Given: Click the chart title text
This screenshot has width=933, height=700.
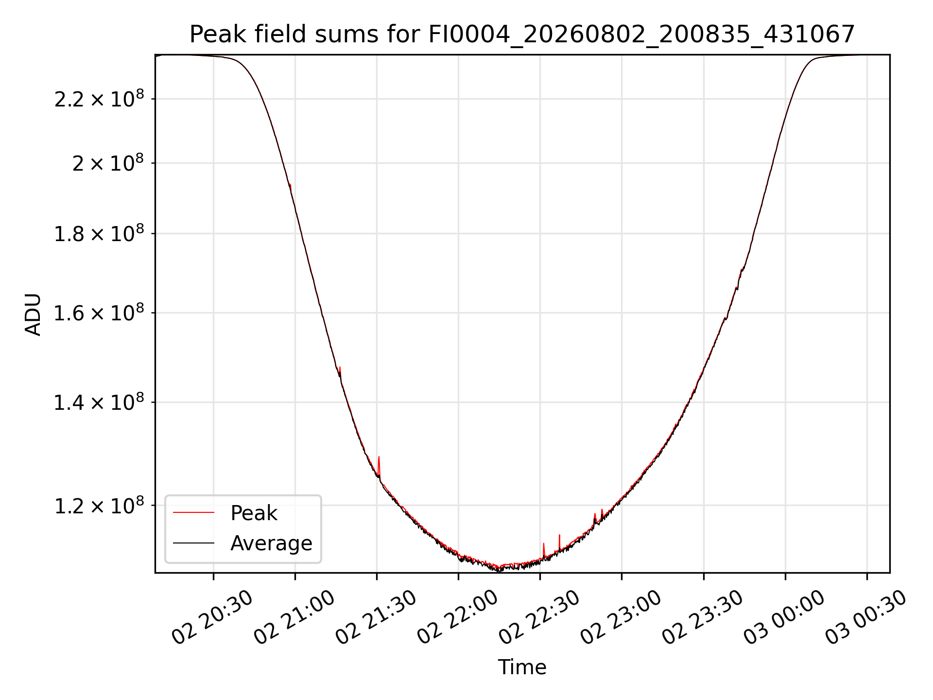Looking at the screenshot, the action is coord(522,34).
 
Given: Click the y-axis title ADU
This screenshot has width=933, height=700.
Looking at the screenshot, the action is coord(33,314).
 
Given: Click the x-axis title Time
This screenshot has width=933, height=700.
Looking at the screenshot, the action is coord(522,667).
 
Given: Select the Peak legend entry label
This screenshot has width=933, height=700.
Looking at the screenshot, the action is coord(254,513).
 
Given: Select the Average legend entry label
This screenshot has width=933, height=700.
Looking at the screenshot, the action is coord(271,543).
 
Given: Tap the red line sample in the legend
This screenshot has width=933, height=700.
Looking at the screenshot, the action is coord(193,512).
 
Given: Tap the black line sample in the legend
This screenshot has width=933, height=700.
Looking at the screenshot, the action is coord(193,542).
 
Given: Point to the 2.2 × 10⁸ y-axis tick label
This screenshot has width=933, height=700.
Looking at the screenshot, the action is coord(99,99).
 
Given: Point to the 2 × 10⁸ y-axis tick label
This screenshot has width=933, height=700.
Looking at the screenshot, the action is coord(108,163).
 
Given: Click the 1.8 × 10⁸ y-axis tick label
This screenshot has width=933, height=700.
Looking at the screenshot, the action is coord(99,233).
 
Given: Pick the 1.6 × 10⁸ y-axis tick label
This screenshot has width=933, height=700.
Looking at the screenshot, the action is coord(99,313).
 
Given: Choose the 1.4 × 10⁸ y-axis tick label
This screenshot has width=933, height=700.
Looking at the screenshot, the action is coord(99,402).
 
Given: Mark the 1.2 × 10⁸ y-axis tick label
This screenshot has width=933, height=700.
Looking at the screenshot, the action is coord(99,506).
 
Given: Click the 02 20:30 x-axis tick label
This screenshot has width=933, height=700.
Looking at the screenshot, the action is coord(212,617).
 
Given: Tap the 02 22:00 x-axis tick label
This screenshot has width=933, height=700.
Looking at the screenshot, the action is coord(457,617).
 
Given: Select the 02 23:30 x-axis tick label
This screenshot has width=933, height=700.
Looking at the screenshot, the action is coord(702,617).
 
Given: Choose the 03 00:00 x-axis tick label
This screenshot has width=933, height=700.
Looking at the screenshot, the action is coord(784,617).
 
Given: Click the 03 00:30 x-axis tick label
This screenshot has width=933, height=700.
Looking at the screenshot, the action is coord(865,617).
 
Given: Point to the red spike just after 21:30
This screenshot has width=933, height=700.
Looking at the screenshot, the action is coord(379,467).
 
